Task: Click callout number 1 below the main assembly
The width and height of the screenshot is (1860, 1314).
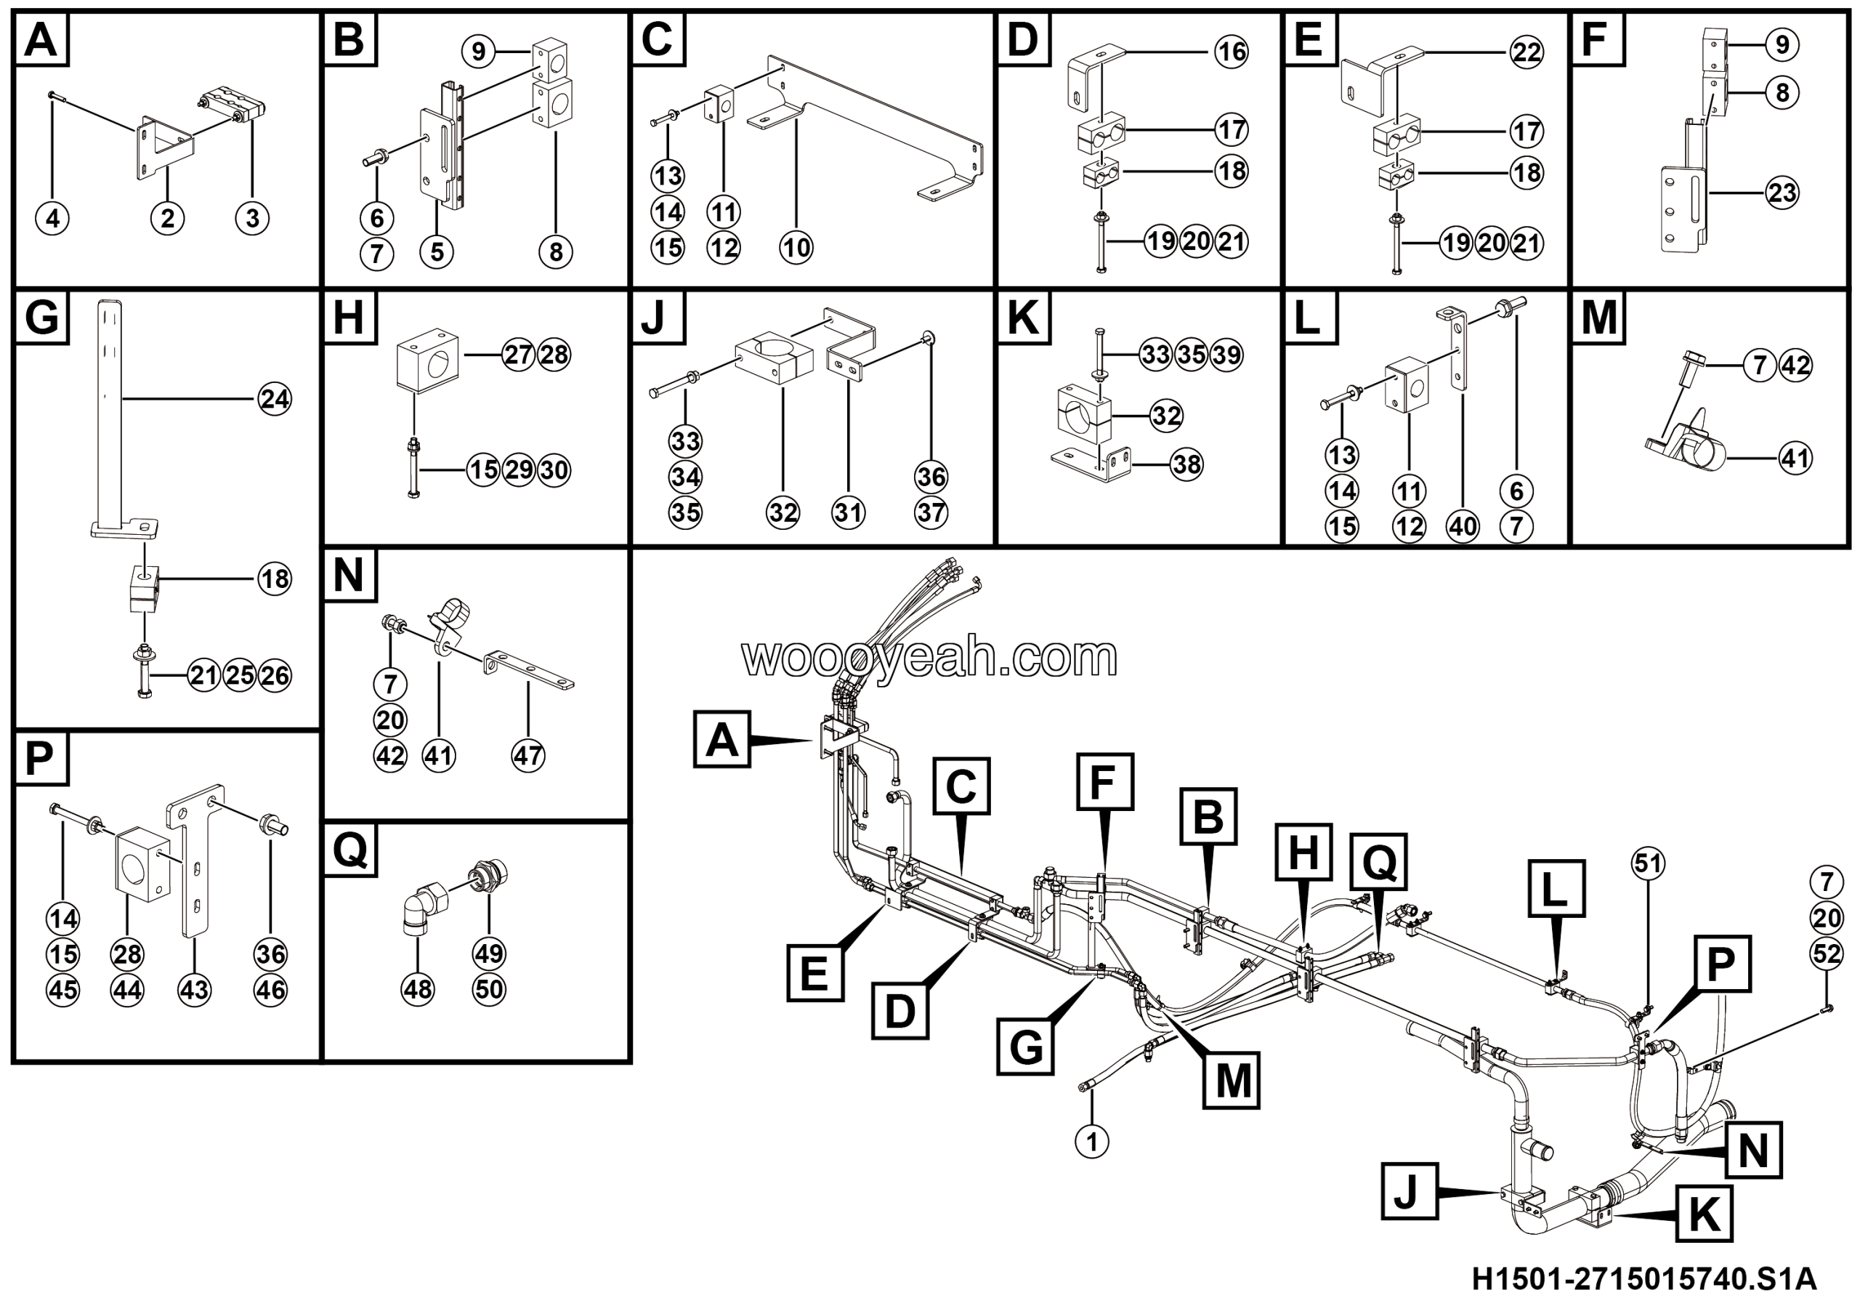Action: [x=1091, y=1142]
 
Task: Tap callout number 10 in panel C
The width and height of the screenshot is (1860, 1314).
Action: [x=796, y=247]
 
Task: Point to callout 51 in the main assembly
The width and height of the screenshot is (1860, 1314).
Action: [x=1648, y=863]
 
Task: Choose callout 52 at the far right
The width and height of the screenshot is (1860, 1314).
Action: [x=1826, y=954]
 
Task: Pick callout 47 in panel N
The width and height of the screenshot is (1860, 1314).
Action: [x=527, y=756]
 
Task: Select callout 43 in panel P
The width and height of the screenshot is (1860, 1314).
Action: [x=193, y=990]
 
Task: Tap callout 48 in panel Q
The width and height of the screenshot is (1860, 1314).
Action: [x=418, y=989]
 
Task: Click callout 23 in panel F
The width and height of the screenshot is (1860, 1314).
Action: [x=1782, y=193]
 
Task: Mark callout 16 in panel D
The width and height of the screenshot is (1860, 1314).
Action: [x=1232, y=52]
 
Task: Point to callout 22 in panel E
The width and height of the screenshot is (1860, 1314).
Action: [x=1527, y=52]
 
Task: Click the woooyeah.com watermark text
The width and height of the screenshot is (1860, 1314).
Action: [x=929, y=658]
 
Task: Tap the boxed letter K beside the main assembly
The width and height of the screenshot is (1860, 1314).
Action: [x=1704, y=1214]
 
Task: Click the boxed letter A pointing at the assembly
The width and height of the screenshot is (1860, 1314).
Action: [x=721, y=740]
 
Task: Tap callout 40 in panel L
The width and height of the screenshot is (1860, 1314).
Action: [x=1463, y=527]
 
